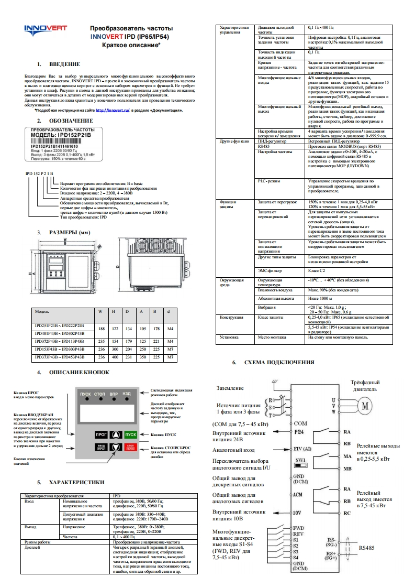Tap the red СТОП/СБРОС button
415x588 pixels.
click(130, 447)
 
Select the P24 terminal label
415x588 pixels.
click(299, 432)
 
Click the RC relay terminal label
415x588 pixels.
click(346, 513)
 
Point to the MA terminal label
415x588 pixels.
click(346, 456)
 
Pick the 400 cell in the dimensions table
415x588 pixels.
click(114, 357)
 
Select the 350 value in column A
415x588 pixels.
click(140, 357)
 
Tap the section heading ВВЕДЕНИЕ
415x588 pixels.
click(64, 64)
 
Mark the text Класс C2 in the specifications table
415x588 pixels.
click(316, 271)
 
